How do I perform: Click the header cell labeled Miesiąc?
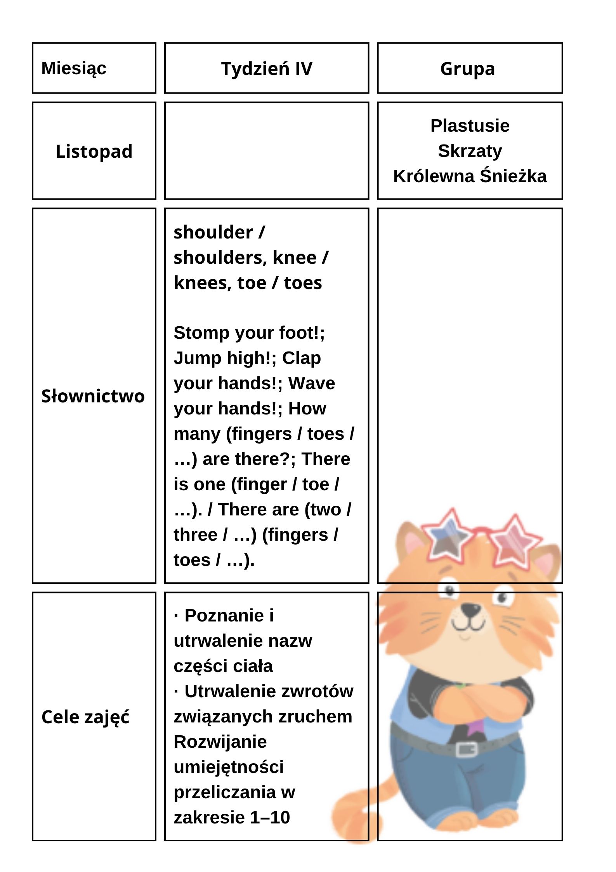click(x=74, y=68)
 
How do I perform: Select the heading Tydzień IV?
click(x=267, y=69)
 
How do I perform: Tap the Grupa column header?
click(x=467, y=69)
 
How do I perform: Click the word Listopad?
click(x=94, y=151)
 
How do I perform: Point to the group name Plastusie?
click(x=470, y=126)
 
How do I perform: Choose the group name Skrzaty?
click(x=470, y=151)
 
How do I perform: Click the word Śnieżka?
click(x=513, y=176)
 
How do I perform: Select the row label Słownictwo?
click(x=93, y=396)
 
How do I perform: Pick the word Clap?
click(x=301, y=358)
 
